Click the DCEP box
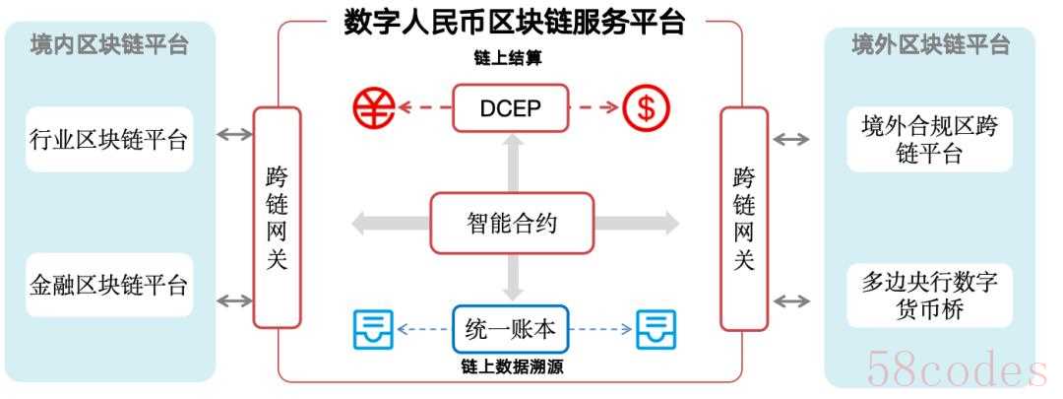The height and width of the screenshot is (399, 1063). point(511,107)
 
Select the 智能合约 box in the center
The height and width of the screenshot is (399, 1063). point(511,223)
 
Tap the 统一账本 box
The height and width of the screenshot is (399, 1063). point(511,329)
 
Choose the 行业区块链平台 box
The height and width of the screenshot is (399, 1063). point(108,138)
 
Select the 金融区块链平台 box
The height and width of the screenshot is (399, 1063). point(108,285)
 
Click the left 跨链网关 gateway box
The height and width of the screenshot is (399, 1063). point(277,217)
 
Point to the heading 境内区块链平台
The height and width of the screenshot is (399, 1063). point(108,44)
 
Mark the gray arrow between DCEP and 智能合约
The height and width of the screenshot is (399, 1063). point(512,162)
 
